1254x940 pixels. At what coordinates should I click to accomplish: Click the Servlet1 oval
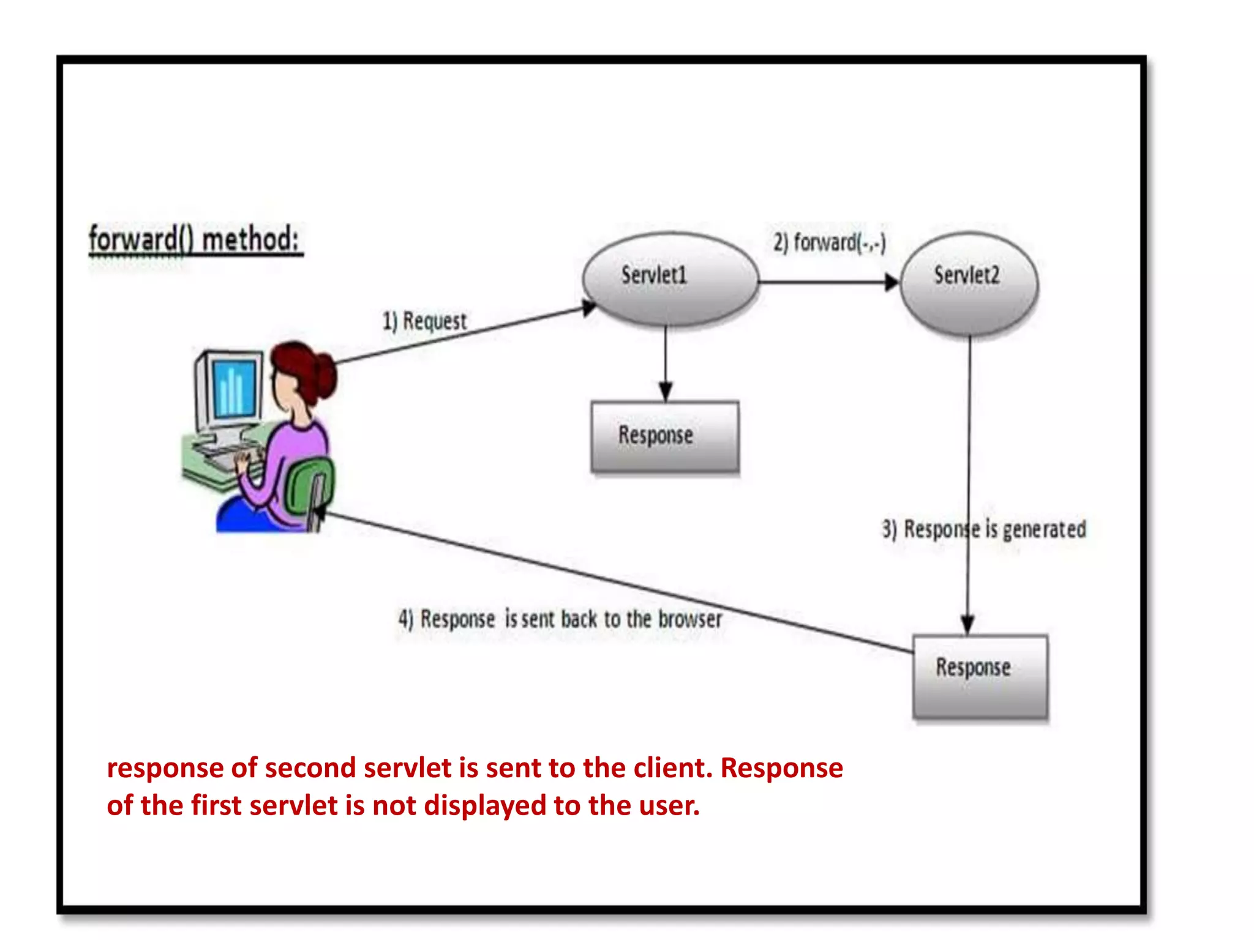point(670,279)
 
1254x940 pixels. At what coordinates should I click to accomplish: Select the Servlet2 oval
point(969,283)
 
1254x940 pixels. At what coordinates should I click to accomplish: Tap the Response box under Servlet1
point(665,436)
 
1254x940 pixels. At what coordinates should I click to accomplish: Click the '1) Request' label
point(424,321)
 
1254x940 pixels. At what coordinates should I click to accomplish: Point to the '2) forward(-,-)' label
point(829,243)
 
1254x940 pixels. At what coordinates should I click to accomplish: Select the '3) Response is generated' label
point(984,529)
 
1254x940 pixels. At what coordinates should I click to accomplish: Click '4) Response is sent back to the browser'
point(560,619)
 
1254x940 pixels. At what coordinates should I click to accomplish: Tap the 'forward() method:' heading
point(195,239)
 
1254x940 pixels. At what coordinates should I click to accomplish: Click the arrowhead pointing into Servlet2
point(893,282)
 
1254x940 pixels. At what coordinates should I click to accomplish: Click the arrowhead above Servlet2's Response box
point(967,624)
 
